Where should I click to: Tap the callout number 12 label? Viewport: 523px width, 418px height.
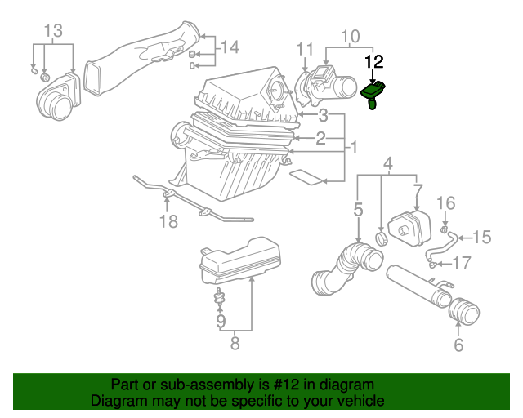click(373, 61)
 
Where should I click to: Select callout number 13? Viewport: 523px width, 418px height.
click(53, 31)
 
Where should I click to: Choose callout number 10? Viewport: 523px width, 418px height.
click(351, 36)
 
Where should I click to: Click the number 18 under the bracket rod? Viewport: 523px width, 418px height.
click(168, 221)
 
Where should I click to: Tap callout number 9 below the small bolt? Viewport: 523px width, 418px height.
click(220, 322)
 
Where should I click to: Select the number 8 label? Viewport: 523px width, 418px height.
click(235, 344)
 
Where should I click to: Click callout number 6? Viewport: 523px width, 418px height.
click(458, 345)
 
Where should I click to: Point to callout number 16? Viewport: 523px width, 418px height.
click(445, 202)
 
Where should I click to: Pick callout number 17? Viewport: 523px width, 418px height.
click(463, 263)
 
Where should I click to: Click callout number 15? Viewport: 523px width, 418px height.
click(481, 238)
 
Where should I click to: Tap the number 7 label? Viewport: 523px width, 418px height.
click(418, 190)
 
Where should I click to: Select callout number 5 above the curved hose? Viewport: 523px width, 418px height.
click(358, 210)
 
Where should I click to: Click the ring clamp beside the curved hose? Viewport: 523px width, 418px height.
click(381, 238)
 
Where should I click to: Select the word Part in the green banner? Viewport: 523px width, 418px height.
click(125, 385)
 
